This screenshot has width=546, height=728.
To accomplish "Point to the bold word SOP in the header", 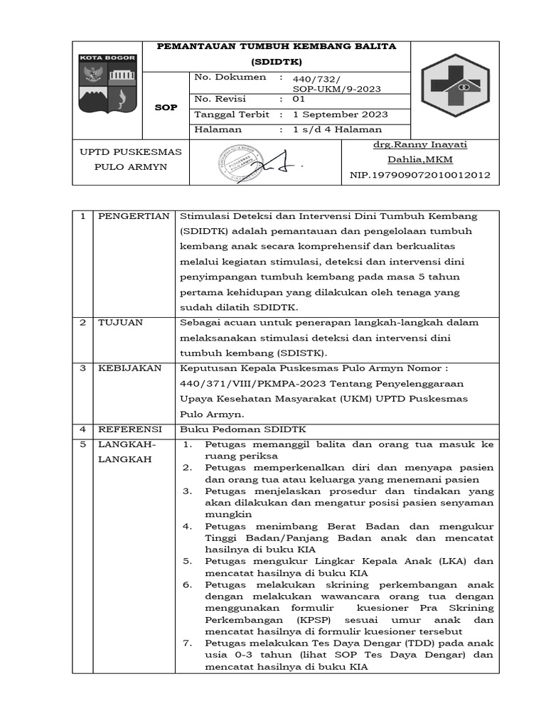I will click(x=166, y=107).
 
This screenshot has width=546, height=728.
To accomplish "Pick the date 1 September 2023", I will click(x=340, y=114).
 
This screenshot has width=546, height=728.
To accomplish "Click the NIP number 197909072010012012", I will click(x=419, y=175).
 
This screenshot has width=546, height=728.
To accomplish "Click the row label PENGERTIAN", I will click(x=134, y=216).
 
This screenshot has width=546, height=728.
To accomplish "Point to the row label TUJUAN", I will click(x=120, y=322).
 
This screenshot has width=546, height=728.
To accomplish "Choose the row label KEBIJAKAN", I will click(x=129, y=368).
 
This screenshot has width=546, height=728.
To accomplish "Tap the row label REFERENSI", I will click(x=130, y=429).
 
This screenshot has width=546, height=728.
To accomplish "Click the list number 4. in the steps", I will click(x=188, y=526).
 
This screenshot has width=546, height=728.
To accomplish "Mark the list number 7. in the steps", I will click(x=188, y=643).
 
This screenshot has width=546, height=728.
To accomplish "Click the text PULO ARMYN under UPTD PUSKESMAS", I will click(x=131, y=167).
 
